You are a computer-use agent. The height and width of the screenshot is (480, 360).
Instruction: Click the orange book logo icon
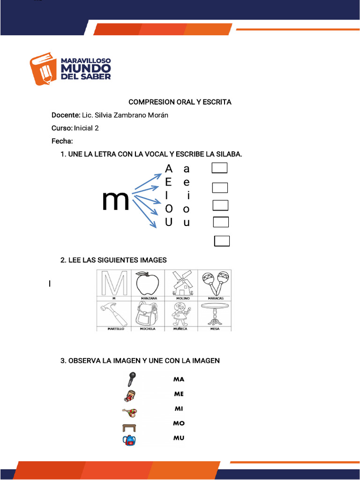tap(44, 68)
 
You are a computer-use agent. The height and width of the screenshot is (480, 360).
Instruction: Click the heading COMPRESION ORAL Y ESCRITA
tap(180, 102)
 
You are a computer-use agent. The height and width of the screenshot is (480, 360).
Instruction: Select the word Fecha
tap(61, 141)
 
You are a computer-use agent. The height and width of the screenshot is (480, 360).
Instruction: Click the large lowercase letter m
tap(115, 201)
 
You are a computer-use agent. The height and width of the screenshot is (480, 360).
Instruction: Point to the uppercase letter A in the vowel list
tap(169, 168)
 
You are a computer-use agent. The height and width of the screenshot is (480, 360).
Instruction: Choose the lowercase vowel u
tap(187, 223)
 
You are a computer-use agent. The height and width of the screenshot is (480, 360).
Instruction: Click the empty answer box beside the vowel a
tap(219, 168)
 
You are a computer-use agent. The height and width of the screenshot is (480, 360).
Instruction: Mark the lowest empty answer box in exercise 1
tap(222, 241)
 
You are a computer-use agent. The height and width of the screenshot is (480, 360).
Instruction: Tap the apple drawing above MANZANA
tap(148, 283)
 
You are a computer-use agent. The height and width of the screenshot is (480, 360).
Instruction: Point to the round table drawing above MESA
tap(215, 314)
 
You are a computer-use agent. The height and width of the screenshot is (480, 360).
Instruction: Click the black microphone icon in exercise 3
tap(131, 380)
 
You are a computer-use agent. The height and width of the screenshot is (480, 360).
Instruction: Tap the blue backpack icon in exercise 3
tap(129, 440)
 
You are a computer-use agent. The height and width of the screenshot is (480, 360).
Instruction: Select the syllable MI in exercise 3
tap(179, 409)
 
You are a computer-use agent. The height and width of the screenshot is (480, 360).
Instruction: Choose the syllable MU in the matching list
tap(179, 438)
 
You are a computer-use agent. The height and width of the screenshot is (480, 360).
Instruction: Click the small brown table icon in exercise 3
tap(129, 427)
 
